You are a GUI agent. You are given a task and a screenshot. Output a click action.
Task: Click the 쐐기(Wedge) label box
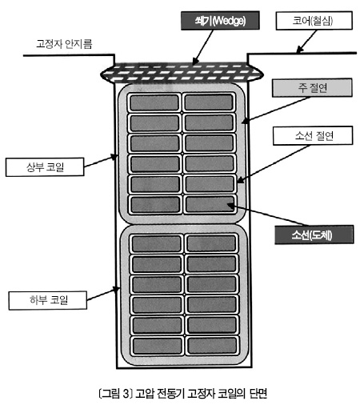(x=220, y=21)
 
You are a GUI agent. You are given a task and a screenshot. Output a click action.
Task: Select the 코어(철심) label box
(x=314, y=21)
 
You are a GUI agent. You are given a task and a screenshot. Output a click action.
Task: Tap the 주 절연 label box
(x=312, y=87)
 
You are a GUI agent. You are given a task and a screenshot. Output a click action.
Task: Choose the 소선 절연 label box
(x=313, y=136)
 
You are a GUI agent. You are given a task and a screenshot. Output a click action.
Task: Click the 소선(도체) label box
(x=314, y=235)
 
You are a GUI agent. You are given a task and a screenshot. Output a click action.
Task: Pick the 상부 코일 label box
(x=45, y=167)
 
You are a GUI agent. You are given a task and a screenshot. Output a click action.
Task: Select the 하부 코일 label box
(x=48, y=300)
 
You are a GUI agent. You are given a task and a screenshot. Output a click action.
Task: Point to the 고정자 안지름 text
(x=64, y=44)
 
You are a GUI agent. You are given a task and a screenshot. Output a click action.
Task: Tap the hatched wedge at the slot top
(x=182, y=73)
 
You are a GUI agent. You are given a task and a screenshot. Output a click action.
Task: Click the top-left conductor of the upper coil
(x=154, y=102)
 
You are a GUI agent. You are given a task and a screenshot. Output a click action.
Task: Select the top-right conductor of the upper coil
(x=209, y=102)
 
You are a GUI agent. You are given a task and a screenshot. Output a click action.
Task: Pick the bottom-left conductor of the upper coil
(x=155, y=205)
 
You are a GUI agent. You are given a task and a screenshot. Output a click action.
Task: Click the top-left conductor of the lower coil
(x=157, y=243)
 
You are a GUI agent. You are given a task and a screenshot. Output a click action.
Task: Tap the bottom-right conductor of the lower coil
(x=212, y=346)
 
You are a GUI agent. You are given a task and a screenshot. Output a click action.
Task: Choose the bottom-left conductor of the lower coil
(x=158, y=346)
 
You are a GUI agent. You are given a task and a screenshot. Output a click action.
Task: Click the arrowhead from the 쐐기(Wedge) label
(x=195, y=61)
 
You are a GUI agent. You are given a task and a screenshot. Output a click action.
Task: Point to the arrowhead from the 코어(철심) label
(x=299, y=50)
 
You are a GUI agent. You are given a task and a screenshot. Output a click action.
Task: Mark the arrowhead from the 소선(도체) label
(x=230, y=206)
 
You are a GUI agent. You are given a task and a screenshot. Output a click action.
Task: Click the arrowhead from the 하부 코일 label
(x=116, y=289)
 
